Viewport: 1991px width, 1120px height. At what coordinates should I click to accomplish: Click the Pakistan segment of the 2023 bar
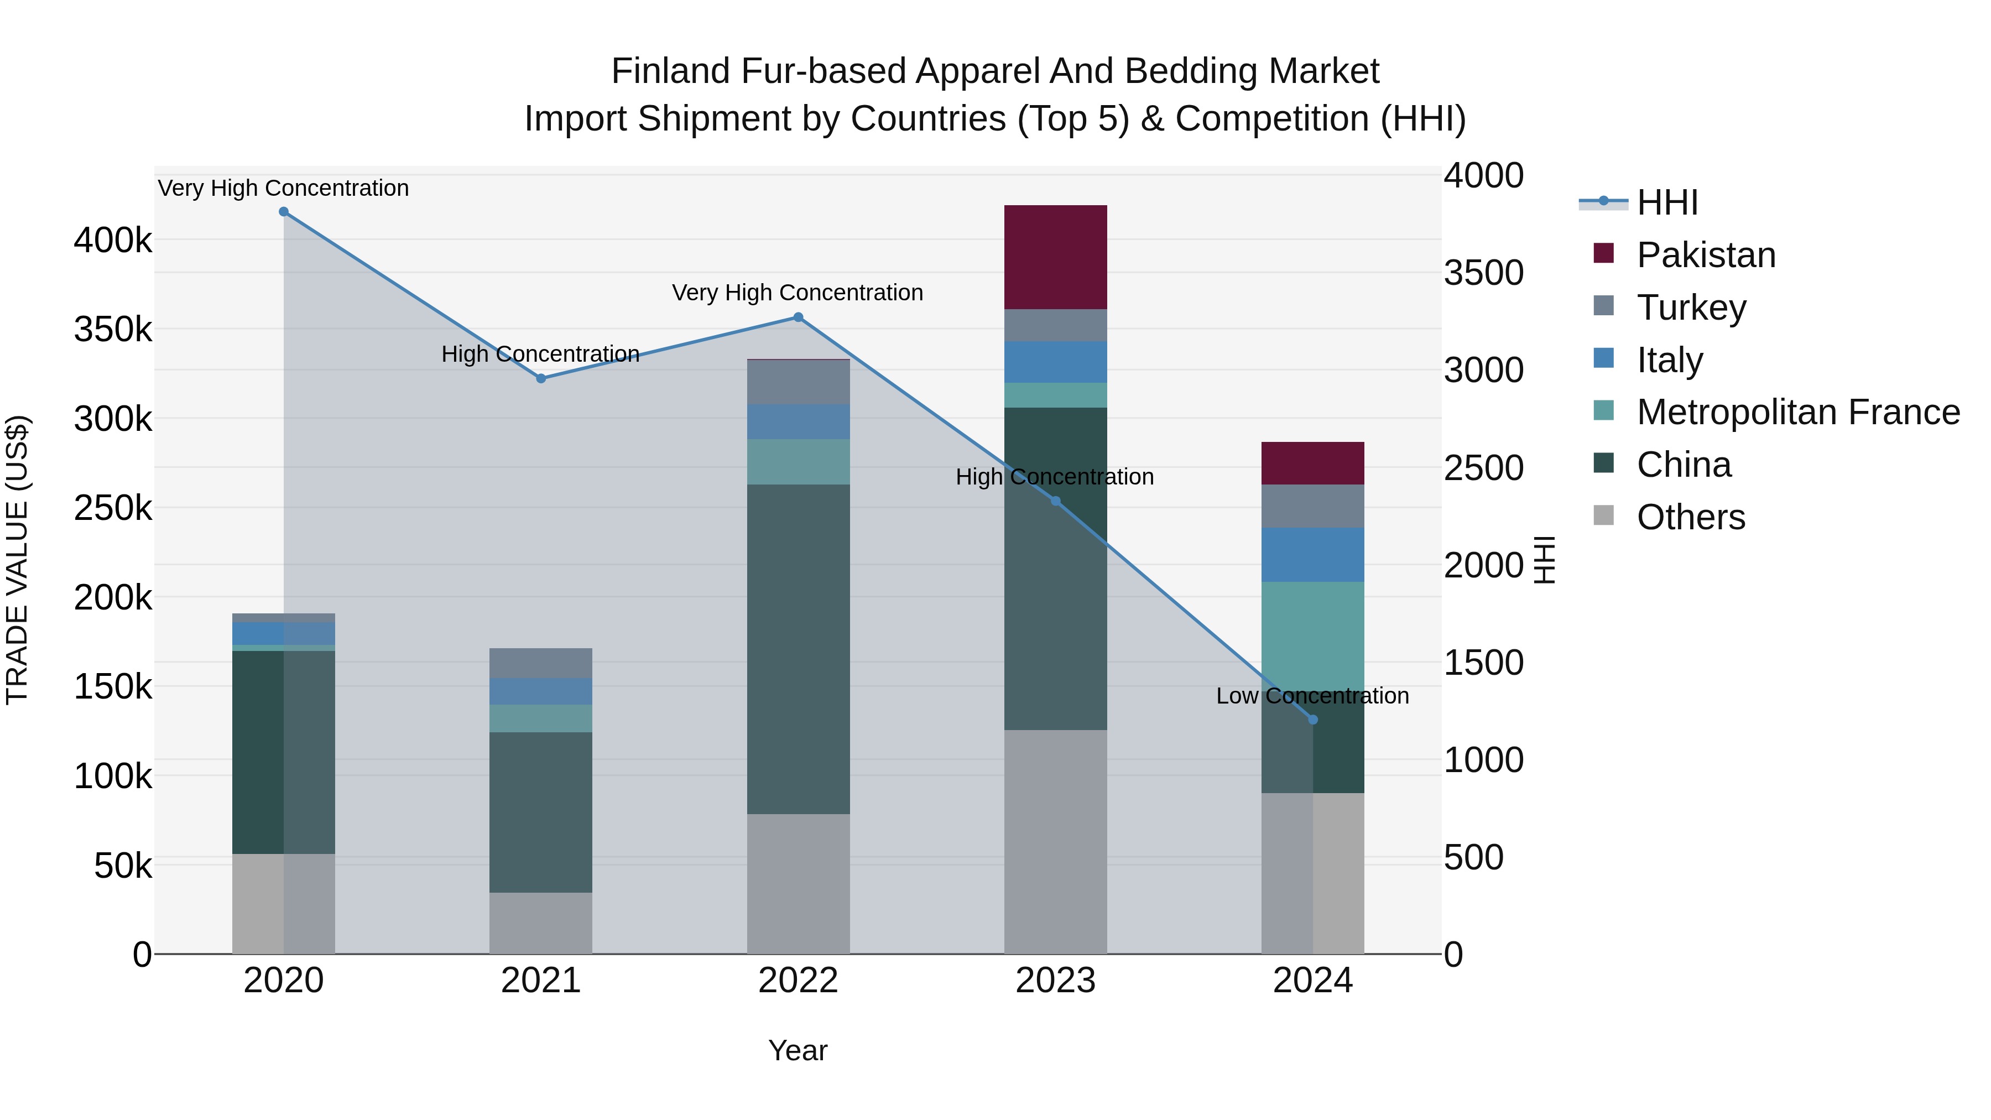pyautogui.click(x=1055, y=257)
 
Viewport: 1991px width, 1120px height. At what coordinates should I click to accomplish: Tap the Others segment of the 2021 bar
pyautogui.click(x=540, y=923)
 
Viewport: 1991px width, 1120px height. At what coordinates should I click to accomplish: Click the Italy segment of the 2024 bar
pyautogui.click(x=1312, y=554)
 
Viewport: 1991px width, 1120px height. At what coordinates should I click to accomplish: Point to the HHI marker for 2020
pyautogui.click(x=284, y=212)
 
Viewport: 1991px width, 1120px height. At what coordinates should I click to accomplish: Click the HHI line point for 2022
pyautogui.click(x=799, y=317)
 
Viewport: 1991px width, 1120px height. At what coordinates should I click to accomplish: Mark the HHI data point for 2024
pyautogui.click(x=1312, y=720)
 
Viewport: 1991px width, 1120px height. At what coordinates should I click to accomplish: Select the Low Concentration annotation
pyautogui.click(x=1312, y=696)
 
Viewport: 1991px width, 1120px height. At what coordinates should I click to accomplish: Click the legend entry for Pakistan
pyautogui.click(x=1706, y=255)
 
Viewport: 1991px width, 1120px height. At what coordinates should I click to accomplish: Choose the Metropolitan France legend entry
pyautogui.click(x=1798, y=412)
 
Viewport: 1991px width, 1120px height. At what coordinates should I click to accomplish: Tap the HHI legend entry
pyautogui.click(x=1666, y=202)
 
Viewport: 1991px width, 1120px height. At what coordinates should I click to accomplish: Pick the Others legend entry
pyautogui.click(x=1690, y=517)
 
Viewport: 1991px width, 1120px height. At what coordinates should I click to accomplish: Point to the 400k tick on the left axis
pyautogui.click(x=113, y=241)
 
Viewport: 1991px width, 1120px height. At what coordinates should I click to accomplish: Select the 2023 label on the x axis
pyautogui.click(x=1055, y=981)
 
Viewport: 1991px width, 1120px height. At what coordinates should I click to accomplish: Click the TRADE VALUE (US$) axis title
pyautogui.click(x=17, y=560)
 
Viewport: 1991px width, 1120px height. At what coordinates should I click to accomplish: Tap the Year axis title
pyautogui.click(x=798, y=1050)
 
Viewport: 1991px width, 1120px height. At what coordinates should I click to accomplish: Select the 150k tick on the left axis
pyautogui.click(x=113, y=686)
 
